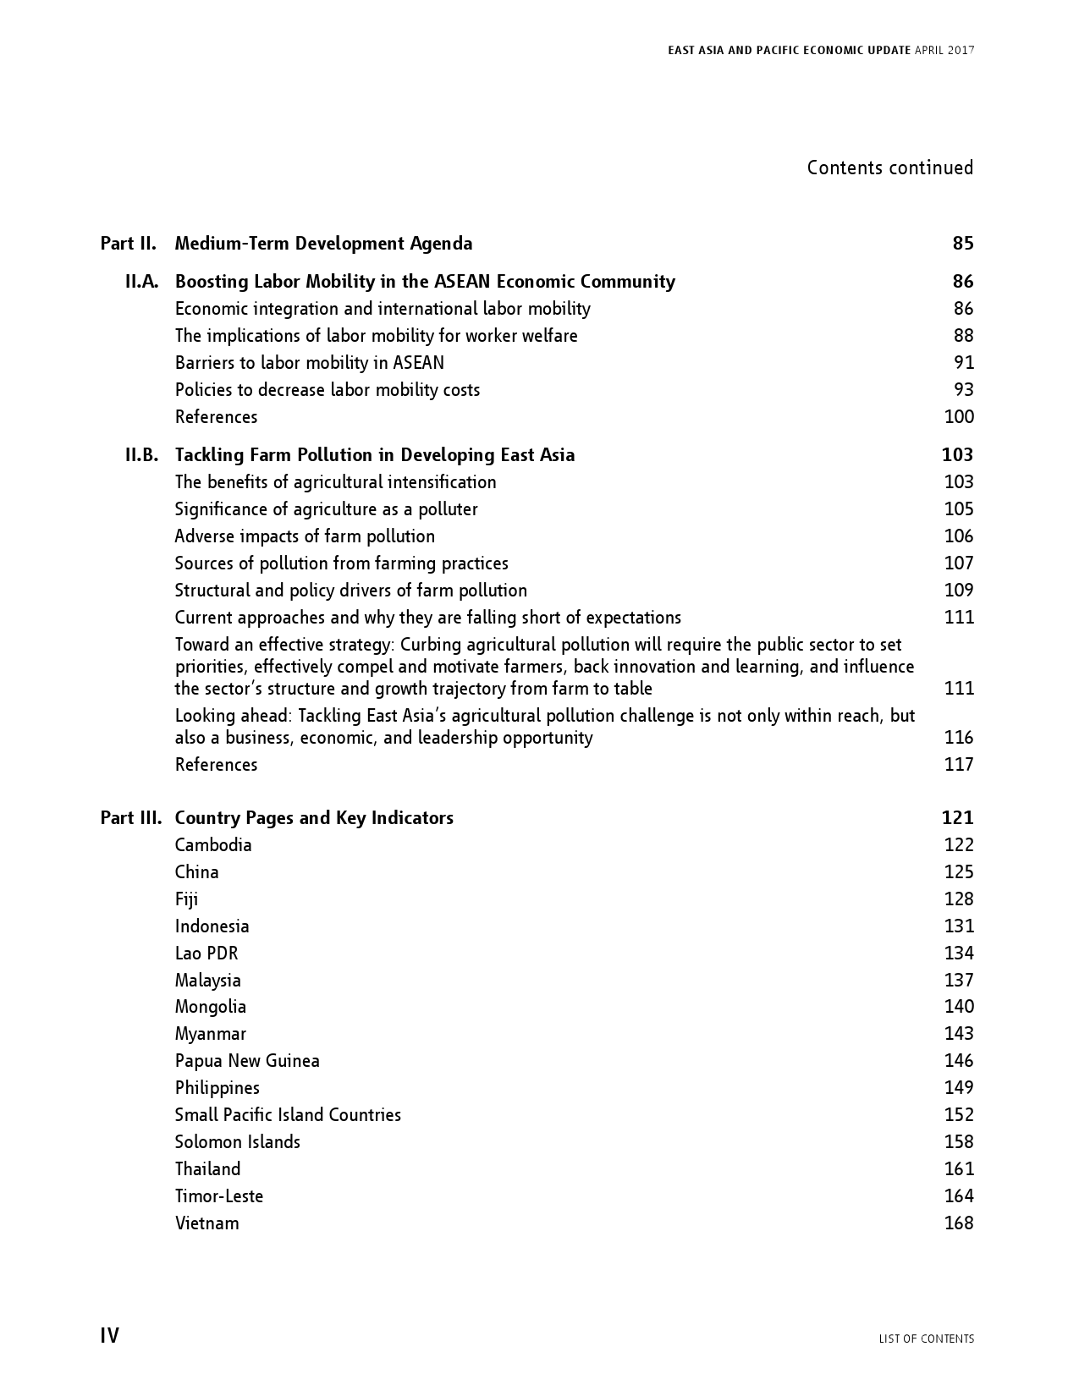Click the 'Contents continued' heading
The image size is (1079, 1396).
pyautogui.click(x=889, y=168)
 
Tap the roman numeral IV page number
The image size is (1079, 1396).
pyautogui.click(x=110, y=1336)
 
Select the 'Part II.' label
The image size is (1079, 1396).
pyautogui.click(x=128, y=244)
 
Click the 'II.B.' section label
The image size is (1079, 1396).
pyautogui.click(x=141, y=455)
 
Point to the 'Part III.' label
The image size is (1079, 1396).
pyautogui.click(x=130, y=818)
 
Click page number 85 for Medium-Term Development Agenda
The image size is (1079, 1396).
pyautogui.click(x=962, y=244)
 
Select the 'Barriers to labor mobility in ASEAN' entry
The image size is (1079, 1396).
pyautogui.click(x=309, y=363)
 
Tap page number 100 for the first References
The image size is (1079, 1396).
pyautogui.click(x=959, y=417)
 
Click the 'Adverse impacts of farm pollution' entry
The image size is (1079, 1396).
pyautogui.click(x=305, y=536)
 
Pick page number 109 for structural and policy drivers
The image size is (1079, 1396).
pyautogui.click(x=959, y=591)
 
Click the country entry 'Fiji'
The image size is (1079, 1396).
pyautogui.click(x=186, y=899)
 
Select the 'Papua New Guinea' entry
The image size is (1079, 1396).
pyautogui.click(x=247, y=1061)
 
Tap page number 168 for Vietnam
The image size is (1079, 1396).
pyautogui.click(x=959, y=1223)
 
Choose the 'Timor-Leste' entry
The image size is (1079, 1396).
pyautogui.click(x=219, y=1196)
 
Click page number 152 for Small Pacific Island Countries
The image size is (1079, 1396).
pyautogui.click(x=959, y=1115)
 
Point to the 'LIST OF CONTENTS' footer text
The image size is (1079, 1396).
pyautogui.click(x=926, y=1338)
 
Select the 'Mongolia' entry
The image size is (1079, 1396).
pyautogui.click(x=211, y=1007)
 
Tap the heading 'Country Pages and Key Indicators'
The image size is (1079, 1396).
pyautogui.click(x=314, y=818)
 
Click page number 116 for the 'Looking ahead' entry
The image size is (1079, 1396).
pyautogui.click(x=959, y=738)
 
